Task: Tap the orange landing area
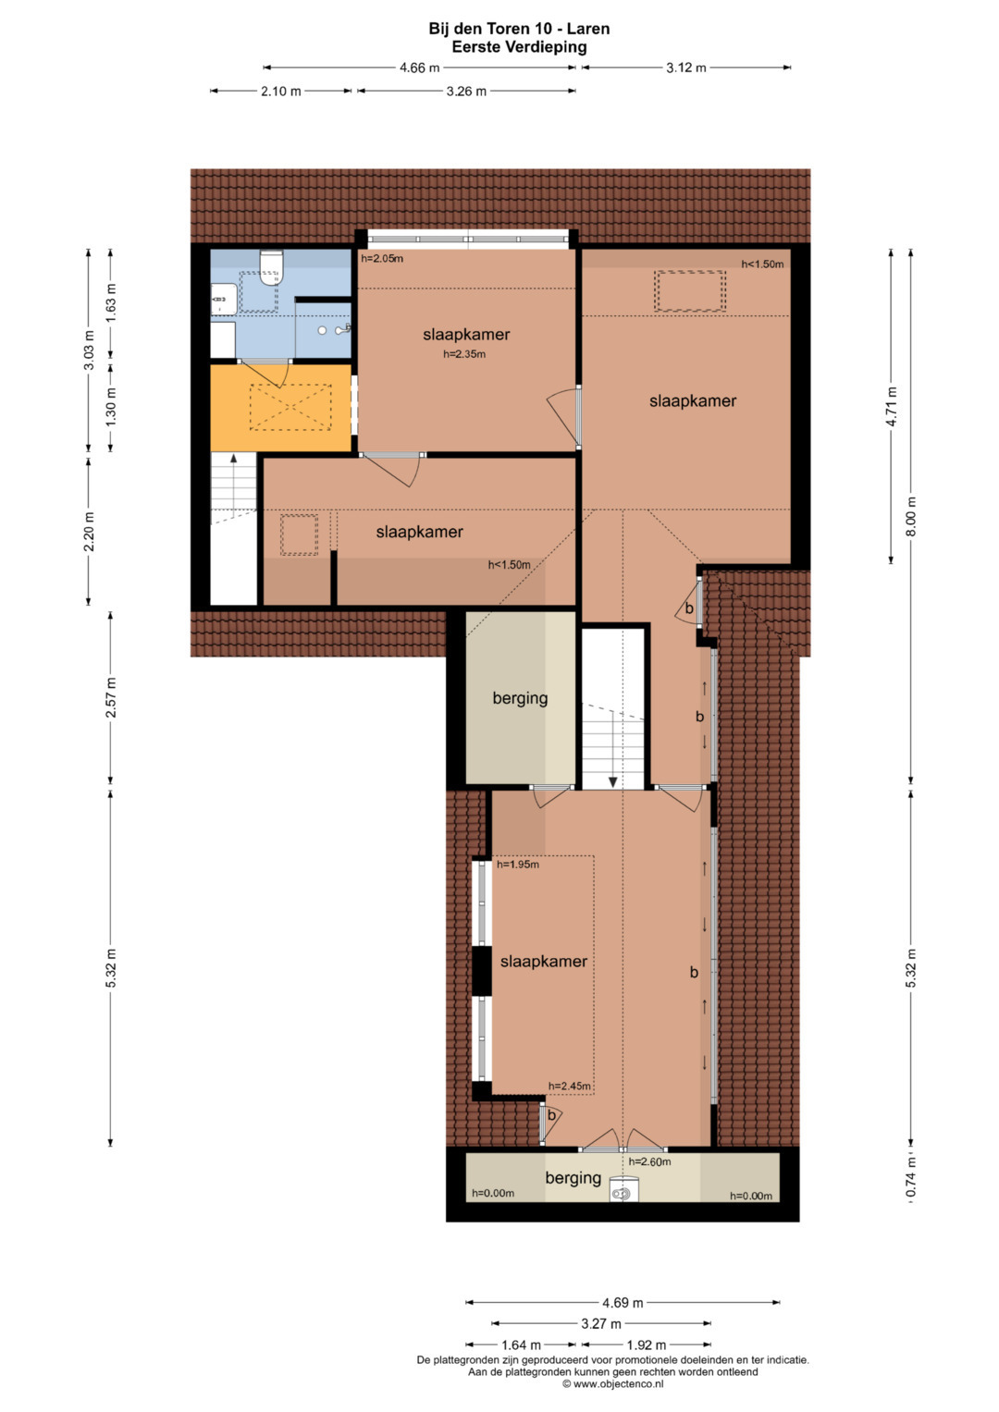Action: tap(280, 407)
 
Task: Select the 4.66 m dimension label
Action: tap(419, 68)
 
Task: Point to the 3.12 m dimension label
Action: tap(686, 68)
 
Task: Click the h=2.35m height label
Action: tap(464, 354)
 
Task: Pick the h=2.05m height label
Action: tap(382, 258)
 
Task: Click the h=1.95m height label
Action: tap(518, 865)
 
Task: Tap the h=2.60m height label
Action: tap(649, 1161)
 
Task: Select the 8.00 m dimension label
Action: tap(910, 517)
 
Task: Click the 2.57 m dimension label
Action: tap(111, 698)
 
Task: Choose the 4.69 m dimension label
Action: tap(623, 1302)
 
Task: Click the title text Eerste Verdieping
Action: tap(519, 46)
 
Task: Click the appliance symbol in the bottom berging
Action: tap(622, 1193)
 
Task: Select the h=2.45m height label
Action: tap(570, 1086)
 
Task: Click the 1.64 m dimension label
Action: tap(520, 1345)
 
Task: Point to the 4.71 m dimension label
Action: tap(891, 405)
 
